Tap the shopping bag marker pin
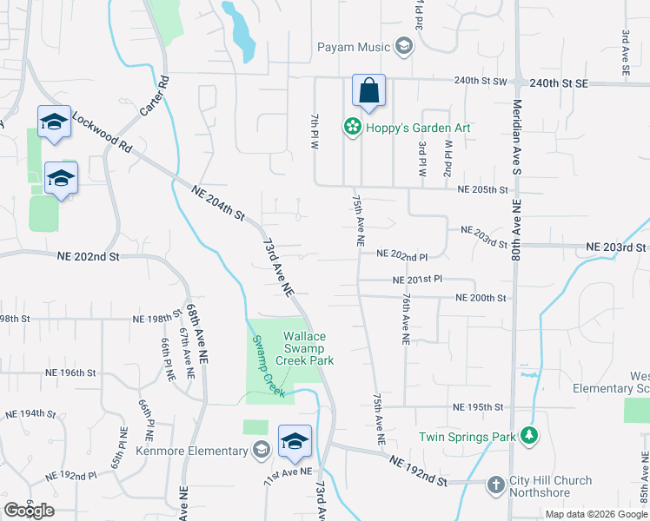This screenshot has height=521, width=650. (368, 91)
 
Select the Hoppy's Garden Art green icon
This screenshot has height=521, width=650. (352, 128)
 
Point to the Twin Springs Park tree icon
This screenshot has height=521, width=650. (528, 436)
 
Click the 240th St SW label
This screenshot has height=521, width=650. (480, 81)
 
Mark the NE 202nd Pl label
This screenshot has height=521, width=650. (402, 255)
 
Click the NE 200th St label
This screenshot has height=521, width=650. (481, 298)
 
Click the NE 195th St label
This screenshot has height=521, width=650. (478, 407)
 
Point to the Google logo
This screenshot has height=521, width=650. (29, 511)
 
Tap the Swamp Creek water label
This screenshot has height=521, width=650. (269, 367)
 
